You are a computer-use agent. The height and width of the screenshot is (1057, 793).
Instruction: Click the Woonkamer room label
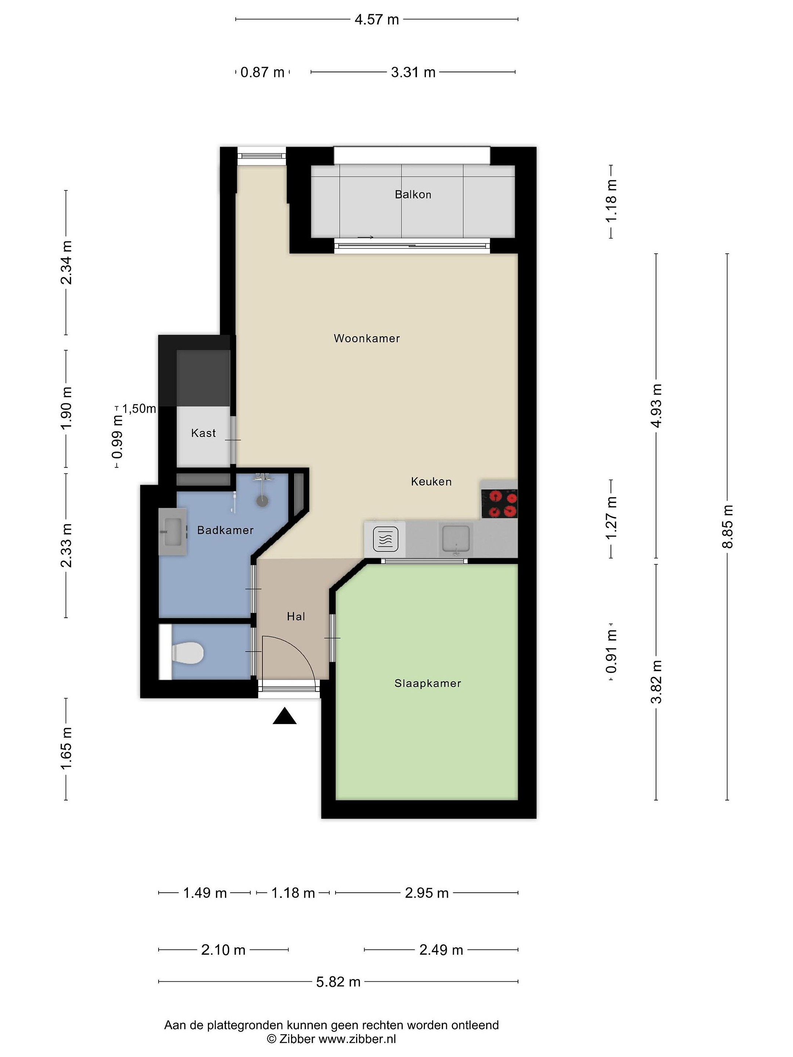tap(367, 338)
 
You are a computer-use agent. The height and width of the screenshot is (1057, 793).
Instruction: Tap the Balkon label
tap(413, 195)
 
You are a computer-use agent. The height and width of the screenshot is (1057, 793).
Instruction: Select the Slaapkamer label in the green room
tap(428, 683)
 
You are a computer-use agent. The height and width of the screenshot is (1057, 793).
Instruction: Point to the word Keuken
tap(431, 481)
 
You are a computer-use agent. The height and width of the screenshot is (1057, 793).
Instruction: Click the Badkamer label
tap(225, 530)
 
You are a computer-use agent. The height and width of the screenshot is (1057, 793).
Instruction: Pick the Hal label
tap(296, 617)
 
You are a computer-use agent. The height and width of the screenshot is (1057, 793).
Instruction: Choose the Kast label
tap(204, 433)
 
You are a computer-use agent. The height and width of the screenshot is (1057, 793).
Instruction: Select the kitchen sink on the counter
tap(456, 540)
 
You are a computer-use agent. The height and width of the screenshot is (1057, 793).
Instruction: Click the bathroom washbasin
tap(173, 531)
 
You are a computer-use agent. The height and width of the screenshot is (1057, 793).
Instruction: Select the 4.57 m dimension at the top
tap(377, 19)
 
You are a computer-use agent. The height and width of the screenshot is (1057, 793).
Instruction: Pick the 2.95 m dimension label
tap(427, 893)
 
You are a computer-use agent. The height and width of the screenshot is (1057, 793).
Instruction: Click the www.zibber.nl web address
tap(357, 1039)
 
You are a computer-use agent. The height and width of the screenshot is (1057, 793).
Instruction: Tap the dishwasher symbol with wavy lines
tap(385, 540)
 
